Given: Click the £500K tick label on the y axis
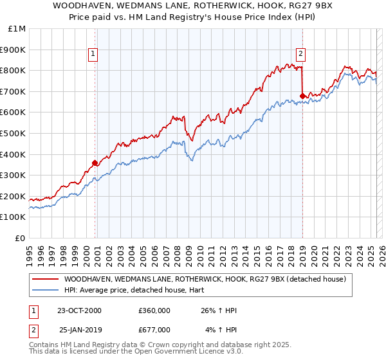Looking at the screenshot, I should point(14,133).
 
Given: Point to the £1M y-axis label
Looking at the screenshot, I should point(17,28).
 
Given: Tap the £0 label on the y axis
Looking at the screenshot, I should point(21,238).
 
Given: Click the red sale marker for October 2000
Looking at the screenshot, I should point(95,163).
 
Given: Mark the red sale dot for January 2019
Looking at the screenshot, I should point(302,96).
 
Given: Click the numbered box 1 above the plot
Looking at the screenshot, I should point(94,55).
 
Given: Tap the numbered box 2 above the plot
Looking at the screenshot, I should point(301,55).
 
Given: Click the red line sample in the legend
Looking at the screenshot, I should point(45,279).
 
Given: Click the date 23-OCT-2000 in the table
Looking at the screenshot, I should point(79,310).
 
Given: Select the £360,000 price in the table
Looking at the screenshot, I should point(154,310).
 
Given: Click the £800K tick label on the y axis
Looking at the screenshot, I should point(14,70).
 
